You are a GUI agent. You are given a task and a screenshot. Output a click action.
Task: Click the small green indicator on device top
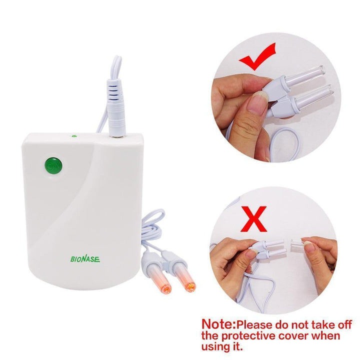point(74,135)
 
